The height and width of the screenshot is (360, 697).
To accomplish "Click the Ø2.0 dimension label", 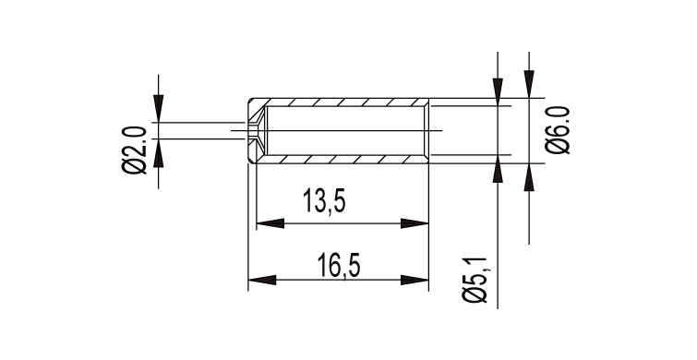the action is coord(134,150).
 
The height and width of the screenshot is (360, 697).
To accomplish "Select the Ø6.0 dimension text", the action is coord(558,130).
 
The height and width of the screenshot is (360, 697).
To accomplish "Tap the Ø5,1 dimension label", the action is coord(475,280).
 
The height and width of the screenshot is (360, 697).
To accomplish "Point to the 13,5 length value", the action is coord(324,201).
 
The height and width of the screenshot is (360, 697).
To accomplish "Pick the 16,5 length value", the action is coord(339,265).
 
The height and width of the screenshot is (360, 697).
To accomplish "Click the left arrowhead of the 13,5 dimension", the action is coord(270,223).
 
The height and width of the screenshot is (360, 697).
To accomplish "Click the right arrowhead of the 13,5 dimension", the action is coord(415,223).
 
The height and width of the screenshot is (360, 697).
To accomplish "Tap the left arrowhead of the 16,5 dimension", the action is coord(262,280).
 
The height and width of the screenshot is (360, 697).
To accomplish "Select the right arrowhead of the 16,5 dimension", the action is coord(415,280).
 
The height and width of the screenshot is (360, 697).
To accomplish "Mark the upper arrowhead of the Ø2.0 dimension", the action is coord(158,108).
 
